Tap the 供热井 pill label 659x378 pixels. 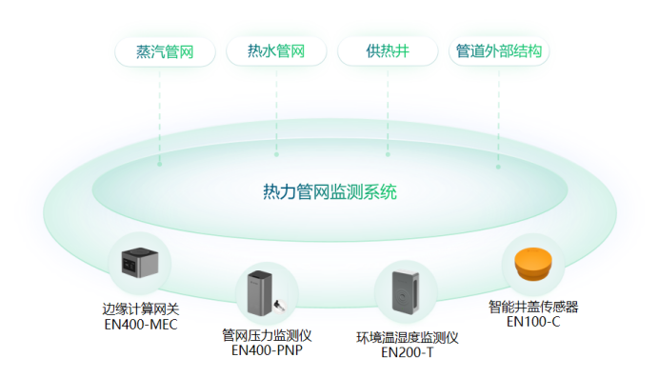click(x=388, y=51)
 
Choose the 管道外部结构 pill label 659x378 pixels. click(x=498, y=51)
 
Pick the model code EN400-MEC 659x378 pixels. click(x=140, y=325)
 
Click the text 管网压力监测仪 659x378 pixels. click(x=267, y=335)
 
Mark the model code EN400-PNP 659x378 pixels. click(x=267, y=350)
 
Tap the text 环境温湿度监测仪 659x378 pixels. click(x=408, y=337)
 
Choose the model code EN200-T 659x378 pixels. click(x=408, y=352)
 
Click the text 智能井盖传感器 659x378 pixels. click(x=533, y=307)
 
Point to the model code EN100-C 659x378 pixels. click(x=533, y=321)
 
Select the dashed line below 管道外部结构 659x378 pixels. click(x=498, y=114)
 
